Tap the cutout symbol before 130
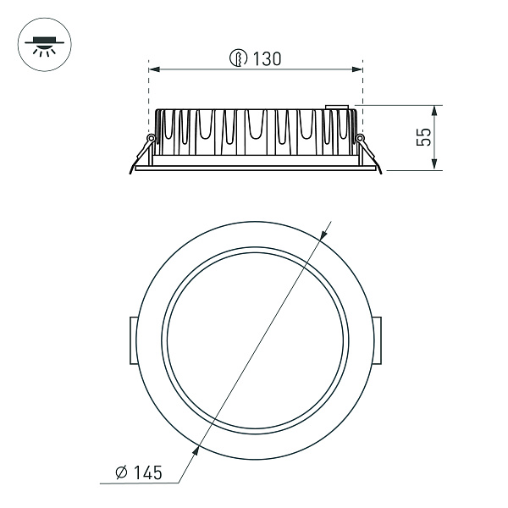(x=240, y=58)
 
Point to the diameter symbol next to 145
(x=120, y=471)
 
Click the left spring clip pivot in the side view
(x=151, y=138)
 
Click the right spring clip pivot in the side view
(x=360, y=138)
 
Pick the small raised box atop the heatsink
(x=340, y=108)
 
